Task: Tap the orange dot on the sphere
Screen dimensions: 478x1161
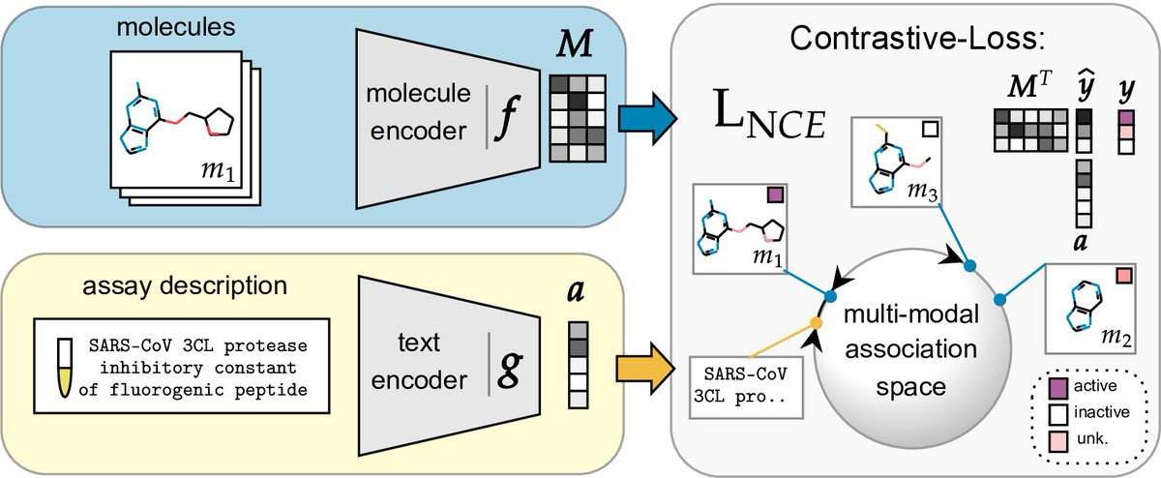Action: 816,321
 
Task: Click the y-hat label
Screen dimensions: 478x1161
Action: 1084,92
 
